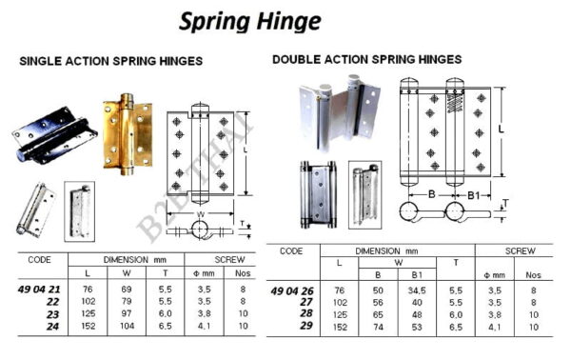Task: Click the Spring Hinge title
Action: pos(249,22)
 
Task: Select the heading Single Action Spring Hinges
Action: pos(111,61)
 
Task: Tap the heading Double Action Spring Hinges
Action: pos(367,59)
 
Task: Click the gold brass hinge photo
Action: pos(128,134)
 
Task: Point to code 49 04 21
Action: pos(39,290)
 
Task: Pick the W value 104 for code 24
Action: pos(128,326)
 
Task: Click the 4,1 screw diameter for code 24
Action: pos(205,326)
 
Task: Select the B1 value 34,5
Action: pos(417,290)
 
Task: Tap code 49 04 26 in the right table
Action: pos(292,290)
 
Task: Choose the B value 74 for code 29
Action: pos(378,328)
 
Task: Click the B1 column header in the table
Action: pos(417,274)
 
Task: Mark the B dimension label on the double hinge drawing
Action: pos(432,194)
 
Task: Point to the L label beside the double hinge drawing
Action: pos(502,129)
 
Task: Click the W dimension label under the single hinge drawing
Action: pos(201,214)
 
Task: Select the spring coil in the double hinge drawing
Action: pos(455,103)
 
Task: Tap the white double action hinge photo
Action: pos(339,112)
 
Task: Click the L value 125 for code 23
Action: pos(89,313)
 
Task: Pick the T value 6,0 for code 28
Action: pos(456,315)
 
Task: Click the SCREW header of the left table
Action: pos(229,259)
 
